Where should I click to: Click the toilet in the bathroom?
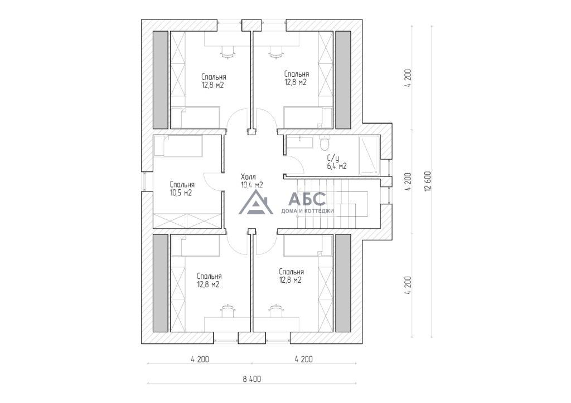(x=323, y=142)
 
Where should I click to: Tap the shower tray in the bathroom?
(x=369, y=155)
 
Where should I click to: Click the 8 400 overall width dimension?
(x=252, y=379)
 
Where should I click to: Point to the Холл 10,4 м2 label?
(x=251, y=181)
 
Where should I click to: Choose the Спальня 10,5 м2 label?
(x=182, y=189)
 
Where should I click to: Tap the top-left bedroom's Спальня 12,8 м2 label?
(x=214, y=81)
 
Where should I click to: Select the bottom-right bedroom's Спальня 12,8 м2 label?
(x=291, y=276)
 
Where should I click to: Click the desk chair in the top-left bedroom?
(x=228, y=52)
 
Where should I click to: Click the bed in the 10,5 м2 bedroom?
(x=178, y=146)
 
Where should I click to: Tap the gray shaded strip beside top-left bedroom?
(x=160, y=80)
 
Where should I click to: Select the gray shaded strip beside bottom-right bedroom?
(x=343, y=283)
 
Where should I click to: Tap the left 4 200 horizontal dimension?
(x=200, y=360)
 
